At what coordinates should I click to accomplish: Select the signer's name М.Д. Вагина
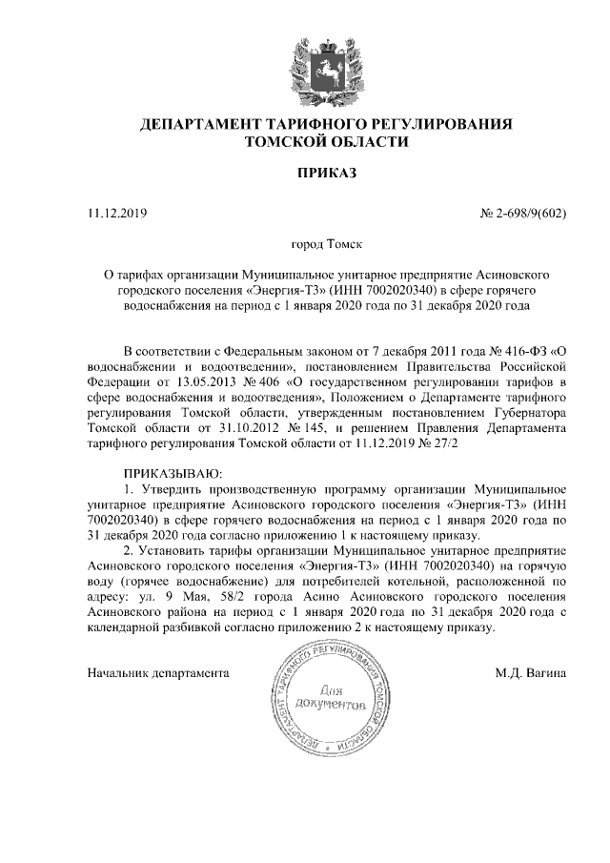point(531,672)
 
